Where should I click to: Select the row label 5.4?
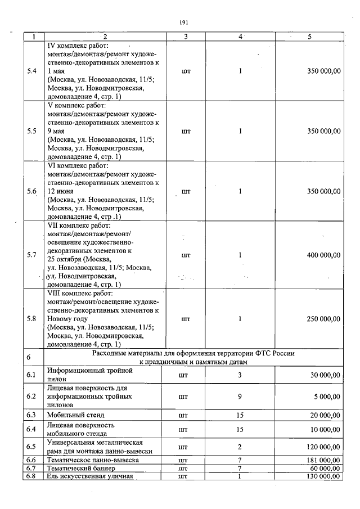coord(32,71)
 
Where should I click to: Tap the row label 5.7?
coord(32,255)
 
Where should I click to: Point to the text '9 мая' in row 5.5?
coord(57,130)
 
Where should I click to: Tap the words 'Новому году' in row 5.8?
coord(67,318)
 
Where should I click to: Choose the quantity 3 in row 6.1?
coord(240,375)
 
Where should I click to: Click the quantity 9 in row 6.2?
coord(240,396)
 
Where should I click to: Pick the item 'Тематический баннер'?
coord(81,468)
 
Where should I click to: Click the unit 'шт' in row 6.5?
coord(182,447)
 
